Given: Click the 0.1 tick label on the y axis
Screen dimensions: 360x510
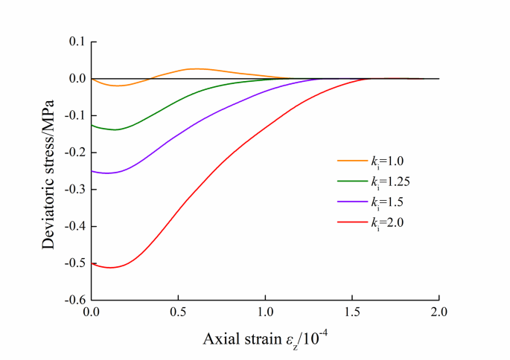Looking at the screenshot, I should point(76,42).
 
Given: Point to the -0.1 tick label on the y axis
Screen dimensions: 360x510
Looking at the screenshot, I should point(74,116).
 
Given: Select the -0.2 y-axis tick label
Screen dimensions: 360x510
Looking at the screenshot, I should point(74,152).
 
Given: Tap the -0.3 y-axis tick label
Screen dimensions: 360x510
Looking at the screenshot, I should point(74,190).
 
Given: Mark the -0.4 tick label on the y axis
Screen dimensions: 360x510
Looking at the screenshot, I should point(74,227).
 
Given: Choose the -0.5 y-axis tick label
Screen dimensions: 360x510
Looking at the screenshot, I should point(74,263).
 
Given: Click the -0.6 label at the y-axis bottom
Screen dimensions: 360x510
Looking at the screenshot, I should point(74,300).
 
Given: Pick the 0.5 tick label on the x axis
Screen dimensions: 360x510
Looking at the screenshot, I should point(178,313).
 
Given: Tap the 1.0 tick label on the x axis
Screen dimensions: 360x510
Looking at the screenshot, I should point(265,313).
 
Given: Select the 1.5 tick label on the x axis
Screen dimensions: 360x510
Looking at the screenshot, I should point(352,313).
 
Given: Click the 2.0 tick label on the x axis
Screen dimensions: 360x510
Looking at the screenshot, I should point(439,313).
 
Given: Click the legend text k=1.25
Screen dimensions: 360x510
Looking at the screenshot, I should point(389,181).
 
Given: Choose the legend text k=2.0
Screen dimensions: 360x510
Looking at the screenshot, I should point(387,222).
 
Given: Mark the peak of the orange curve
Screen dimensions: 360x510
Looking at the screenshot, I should point(196,68).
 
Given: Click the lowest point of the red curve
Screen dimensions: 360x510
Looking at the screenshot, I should point(110,267).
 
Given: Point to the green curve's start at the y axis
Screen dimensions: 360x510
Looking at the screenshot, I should point(92,125).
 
